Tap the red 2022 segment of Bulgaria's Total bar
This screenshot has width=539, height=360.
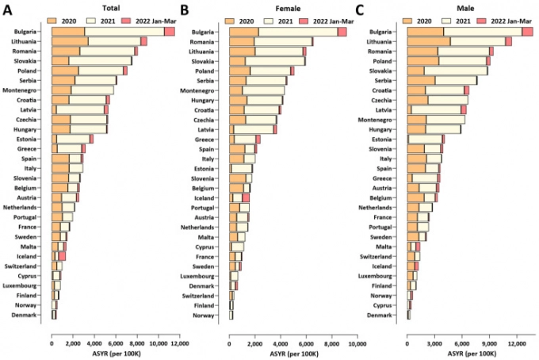pyautogui.click(x=170, y=31)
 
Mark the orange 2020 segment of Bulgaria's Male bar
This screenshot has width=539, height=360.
pyautogui.click(x=426, y=31)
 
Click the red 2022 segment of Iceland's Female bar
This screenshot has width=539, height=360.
pyautogui.click(x=246, y=197)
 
